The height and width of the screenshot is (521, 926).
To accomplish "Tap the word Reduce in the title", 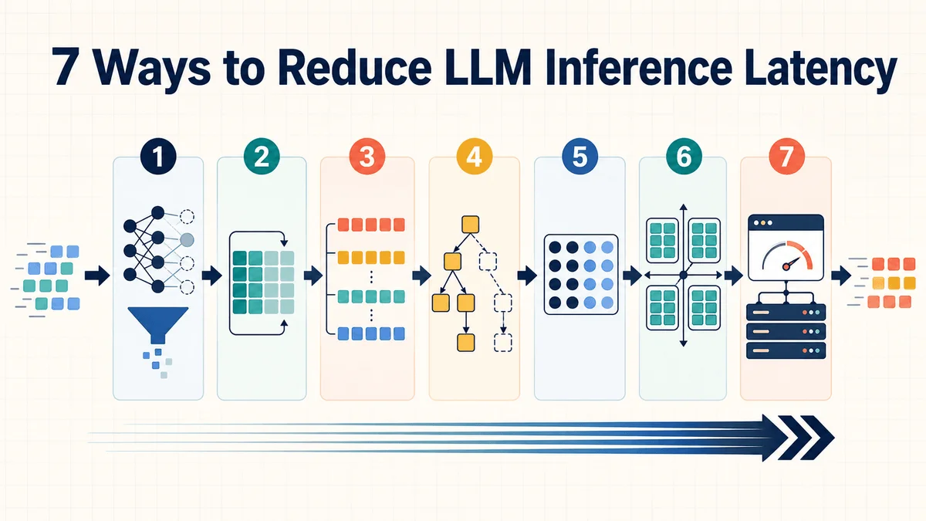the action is pos(354,66).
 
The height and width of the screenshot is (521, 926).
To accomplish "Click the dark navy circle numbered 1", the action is pos(158,157).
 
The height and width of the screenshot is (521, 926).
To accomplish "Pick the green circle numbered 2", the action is pos(262,157).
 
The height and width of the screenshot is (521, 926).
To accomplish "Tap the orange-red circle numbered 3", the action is pos(367,157).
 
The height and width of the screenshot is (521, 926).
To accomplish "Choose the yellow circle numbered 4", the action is pos(474,157).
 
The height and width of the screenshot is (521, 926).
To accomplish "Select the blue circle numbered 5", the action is pos(580,157).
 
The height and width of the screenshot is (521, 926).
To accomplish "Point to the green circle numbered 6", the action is pos(684,157).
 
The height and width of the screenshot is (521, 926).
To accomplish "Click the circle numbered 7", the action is pos(786,157).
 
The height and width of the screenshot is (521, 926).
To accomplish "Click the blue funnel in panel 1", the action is pos(158,323).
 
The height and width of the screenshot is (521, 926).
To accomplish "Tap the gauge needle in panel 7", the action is pos(791,264).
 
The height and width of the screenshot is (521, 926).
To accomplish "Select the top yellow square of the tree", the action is pos(471,225).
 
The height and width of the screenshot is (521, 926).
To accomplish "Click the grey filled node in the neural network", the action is pos(187,240).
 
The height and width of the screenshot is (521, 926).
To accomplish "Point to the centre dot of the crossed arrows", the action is pos(683,275).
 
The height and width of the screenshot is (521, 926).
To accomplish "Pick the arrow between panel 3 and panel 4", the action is pos(421,276).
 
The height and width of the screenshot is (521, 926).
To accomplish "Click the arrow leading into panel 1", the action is pos(97,276).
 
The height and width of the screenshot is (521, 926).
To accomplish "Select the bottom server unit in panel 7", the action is pos(786,350).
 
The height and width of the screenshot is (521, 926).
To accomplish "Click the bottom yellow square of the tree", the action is pos(466,343).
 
